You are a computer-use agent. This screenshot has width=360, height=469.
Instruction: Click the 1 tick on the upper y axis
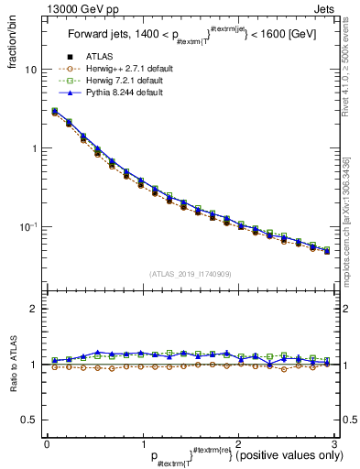click(x=35, y=148)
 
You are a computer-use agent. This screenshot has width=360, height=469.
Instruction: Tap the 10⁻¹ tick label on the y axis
click(x=30, y=226)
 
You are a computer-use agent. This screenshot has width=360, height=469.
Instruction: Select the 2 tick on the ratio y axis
click(x=35, y=310)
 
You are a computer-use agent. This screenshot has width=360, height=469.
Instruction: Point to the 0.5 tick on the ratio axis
click(x=31, y=420)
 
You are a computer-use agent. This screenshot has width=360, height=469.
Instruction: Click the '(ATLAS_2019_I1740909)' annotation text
click(x=190, y=274)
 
